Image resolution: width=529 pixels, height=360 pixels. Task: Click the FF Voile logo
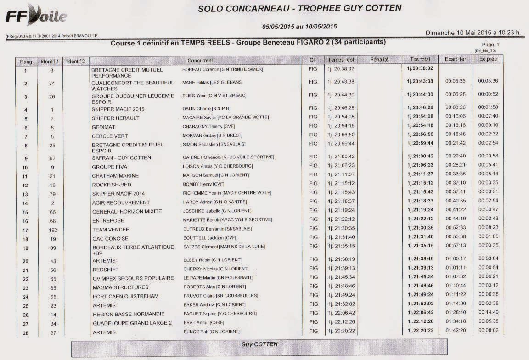[x=36, y=16]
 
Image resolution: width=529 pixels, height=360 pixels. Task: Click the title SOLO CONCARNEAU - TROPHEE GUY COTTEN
[x=299, y=8]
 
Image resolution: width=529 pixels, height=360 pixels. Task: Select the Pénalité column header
[x=379, y=60]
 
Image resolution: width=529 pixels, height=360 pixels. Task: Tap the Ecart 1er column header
[x=455, y=59]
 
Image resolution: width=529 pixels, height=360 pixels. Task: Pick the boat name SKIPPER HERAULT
[x=115, y=118]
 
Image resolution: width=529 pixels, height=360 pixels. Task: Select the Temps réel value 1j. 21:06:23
[x=341, y=166]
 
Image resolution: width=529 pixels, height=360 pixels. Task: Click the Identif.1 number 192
[x=52, y=230]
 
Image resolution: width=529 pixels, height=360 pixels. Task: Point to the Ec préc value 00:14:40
[x=488, y=312]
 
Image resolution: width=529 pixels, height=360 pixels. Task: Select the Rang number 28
[x=25, y=332]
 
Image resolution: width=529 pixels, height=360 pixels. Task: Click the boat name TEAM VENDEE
[x=111, y=230]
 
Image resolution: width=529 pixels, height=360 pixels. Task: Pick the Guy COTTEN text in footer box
[x=259, y=344]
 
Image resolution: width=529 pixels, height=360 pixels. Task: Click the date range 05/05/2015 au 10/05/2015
[x=299, y=27]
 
